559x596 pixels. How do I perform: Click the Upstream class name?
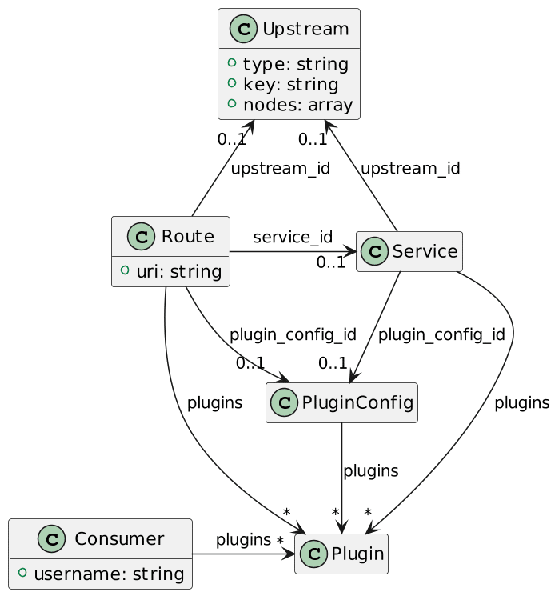pos(305,29)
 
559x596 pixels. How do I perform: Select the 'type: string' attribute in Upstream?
pos(296,64)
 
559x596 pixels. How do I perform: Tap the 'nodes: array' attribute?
pos(298,105)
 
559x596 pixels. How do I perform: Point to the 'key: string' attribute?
pos(291,84)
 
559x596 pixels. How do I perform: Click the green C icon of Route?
pos(141,237)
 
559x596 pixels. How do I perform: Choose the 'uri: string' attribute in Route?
pos(179,272)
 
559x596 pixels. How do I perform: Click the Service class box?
pos(409,251)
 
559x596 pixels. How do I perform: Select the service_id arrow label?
pos(293,237)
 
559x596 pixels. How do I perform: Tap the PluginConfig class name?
pos(357,402)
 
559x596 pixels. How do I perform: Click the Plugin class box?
pos(341,554)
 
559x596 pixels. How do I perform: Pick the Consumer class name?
pos(119,538)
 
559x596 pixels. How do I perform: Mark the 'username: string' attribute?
pos(109,574)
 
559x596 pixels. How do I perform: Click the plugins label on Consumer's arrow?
pos(243,540)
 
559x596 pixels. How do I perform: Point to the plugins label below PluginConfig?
pos(371,471)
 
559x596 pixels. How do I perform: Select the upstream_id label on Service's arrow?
pos(410,168)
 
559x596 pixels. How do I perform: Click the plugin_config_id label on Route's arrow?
pos(293,335)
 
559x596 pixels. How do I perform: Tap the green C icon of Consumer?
pos(52,538)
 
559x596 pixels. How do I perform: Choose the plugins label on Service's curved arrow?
pos(522,403)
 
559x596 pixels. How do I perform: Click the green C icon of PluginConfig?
pos(284,402)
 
